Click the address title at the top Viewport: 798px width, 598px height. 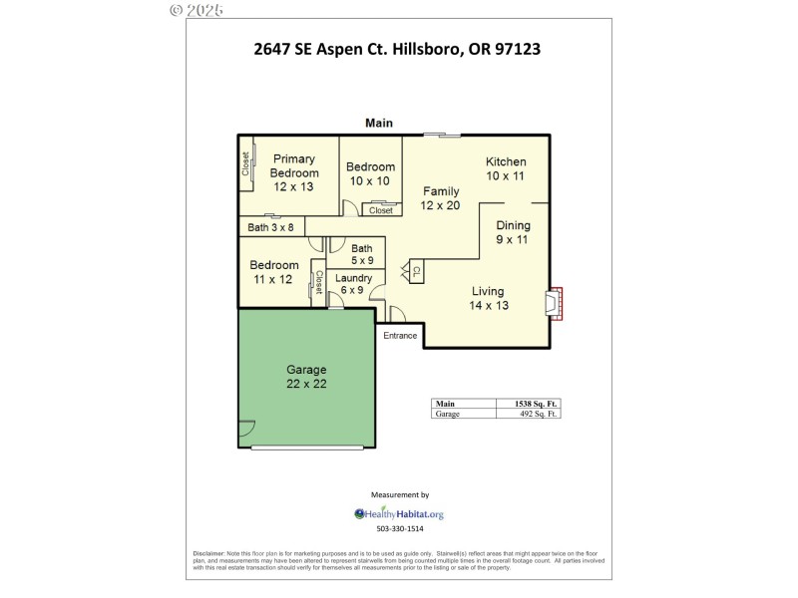point(397,48)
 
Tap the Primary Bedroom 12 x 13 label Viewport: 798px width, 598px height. point(294,172)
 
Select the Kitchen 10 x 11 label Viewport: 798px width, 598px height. point(506,169)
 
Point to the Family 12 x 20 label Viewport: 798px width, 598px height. point(441,198)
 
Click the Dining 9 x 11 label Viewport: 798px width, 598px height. point(513,232)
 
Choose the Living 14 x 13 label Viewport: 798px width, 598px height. point(488,298)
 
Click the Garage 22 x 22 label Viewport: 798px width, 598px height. point(306,377)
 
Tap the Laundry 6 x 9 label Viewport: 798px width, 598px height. point(353,284)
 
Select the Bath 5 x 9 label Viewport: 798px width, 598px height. point(361,254)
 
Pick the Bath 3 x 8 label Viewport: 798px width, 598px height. point(271,227)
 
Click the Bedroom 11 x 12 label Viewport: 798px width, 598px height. point(274,272)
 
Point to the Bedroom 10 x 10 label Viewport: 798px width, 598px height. point(370,173)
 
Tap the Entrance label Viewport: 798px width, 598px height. point(400,335)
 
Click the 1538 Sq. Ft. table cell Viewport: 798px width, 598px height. point(529,404)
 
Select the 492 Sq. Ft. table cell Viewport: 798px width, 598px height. point(529,414)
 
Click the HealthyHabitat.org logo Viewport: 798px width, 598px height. point(399,514)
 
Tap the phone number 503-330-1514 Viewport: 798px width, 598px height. point(399,529)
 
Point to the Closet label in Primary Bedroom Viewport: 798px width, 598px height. point(245,163)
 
